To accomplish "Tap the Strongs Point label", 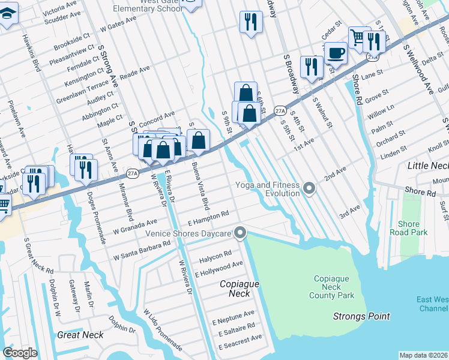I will pos(362,316).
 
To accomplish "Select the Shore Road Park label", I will pos(409,229).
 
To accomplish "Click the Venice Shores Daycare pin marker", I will pos(241,233).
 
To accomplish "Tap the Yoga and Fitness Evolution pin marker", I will pos(309,189).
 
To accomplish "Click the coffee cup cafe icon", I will pos(336,53).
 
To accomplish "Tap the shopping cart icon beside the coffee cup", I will pos(358,38).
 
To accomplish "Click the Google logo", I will pos(20,353).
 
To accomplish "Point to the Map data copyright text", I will pos(423,355).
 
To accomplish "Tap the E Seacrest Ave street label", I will pos(240,342).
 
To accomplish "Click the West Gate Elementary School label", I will pos(148,7).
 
